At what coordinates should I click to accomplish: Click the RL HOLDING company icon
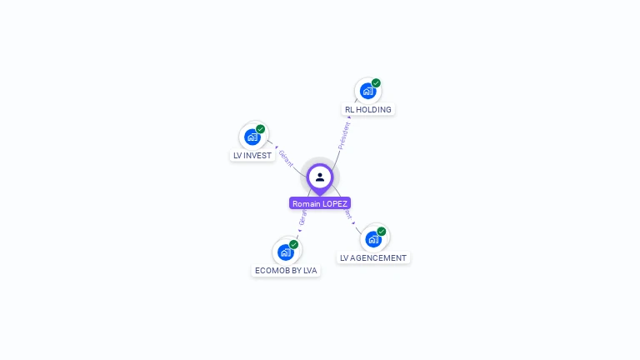(367, 91)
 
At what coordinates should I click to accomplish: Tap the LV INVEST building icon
(252, 137)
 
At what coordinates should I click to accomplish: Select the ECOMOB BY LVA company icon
(286, 252)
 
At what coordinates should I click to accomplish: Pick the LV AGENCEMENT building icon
(373, 239)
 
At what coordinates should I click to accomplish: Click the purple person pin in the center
(320, 177)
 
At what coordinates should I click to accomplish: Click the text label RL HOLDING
(368, 109)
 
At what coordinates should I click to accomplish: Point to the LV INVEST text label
(252, 155)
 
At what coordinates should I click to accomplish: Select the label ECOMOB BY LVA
(286, 270)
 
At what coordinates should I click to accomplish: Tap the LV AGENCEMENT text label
(373, 257)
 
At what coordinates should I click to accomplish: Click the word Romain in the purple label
(306, 203)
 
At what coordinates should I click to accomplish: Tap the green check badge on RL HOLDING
(376, 83)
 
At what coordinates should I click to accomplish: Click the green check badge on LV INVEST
(261, 129)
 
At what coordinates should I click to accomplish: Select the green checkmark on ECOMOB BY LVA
(294, 244)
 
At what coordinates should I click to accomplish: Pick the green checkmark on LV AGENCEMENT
(382, 232)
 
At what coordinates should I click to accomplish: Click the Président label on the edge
(342, 136)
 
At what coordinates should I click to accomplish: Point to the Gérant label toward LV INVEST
(286, 157)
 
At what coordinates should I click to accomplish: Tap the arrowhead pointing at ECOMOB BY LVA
(300, 231)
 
